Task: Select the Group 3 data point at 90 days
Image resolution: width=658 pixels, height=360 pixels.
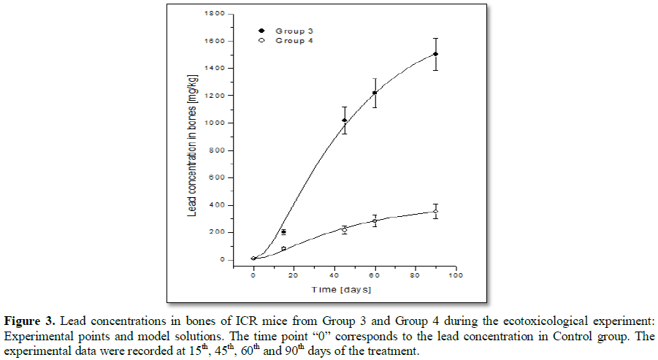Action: pos(436,54)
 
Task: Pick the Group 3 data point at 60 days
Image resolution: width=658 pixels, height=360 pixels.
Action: pos(375,93)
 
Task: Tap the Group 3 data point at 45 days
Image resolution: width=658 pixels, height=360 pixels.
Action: pos(345,120)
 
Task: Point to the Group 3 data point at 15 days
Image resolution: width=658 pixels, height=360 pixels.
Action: pos(283,231)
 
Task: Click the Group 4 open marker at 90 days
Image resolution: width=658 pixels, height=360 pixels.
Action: pos(436,212)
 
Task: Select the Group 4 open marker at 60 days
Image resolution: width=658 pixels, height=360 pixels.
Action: pos(375,221)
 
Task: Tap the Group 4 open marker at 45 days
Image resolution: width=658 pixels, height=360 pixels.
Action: pos(345,230)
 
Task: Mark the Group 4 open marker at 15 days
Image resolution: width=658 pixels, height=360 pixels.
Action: pos(283,249)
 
